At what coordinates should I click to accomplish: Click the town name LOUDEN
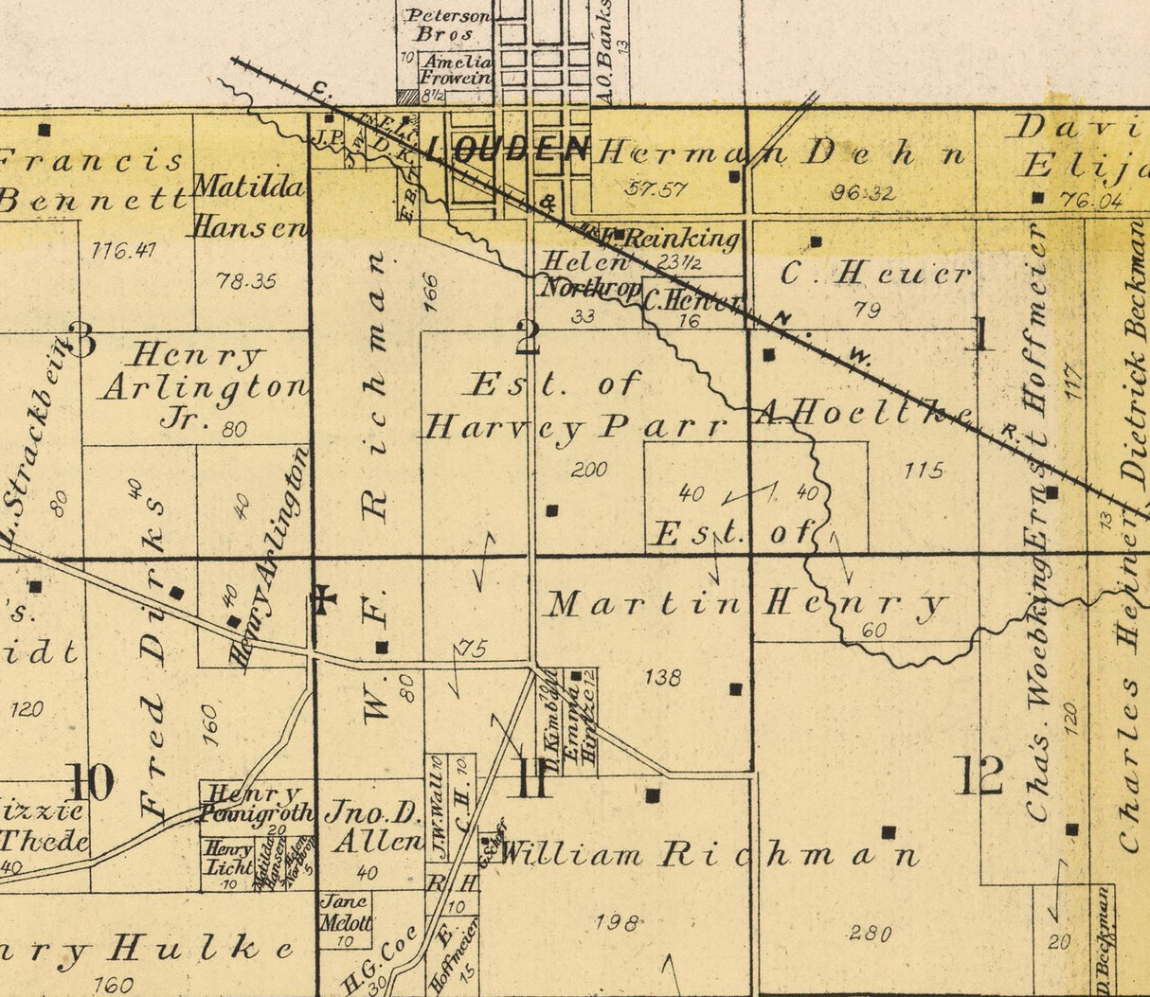(508, 150)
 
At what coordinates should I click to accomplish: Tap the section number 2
(527, 338)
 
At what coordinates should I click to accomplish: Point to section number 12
(979, 776)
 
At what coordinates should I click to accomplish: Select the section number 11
(532, 780)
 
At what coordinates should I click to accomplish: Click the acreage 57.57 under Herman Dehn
(656, 188)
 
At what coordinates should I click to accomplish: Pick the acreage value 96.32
(862, 193)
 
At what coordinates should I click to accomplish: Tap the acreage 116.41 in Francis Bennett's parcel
(124, 251)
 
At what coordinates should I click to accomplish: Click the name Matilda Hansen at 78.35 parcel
(250, 206)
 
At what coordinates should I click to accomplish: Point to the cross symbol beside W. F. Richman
(323, 598)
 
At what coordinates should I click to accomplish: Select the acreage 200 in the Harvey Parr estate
(589, 470)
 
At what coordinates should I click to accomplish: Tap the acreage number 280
(869, 934)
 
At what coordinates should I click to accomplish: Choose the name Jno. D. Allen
(373, 826)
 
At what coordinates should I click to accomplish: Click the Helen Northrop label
(588, 275)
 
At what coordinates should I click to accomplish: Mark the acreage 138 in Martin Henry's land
(661, 677)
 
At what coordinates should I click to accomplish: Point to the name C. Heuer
(875, 274)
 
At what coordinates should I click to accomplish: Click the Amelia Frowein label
(456, 71)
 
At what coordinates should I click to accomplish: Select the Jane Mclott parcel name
(346, 912)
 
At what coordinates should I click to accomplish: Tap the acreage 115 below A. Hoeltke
(924, 470)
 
